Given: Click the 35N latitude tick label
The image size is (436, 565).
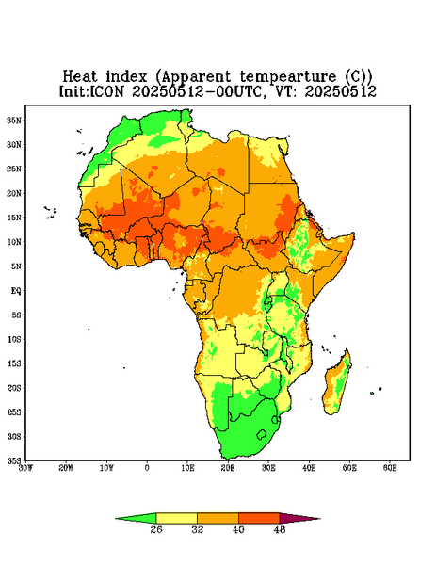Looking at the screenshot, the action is click(x=15, y=120).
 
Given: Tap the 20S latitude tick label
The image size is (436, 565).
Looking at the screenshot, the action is click(x=15, y=388).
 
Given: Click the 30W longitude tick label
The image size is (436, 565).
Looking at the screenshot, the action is click(x=26, y=468).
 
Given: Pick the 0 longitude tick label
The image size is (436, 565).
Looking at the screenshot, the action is click(x=147, y=468).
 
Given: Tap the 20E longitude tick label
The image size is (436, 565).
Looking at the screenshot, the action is click(x=228, y=468).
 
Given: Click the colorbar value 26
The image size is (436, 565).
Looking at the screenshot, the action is click(x=156, y=529).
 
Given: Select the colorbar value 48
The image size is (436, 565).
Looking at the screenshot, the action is click(x=280, y=529).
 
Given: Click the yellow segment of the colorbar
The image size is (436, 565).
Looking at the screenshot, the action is click(x=176, y=518).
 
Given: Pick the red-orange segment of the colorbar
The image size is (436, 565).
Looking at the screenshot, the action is click(x=259, y=518).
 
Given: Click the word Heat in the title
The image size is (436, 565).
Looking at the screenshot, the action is click(x=80, y=77).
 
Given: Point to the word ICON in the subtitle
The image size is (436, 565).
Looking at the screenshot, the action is click(x=106, y=91).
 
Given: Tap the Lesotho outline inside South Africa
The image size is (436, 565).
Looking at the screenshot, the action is click(x=262, y=434).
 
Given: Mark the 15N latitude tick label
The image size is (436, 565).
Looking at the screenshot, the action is click(x=15, y=218).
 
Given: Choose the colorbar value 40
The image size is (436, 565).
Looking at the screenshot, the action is click(x=238, y=529).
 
